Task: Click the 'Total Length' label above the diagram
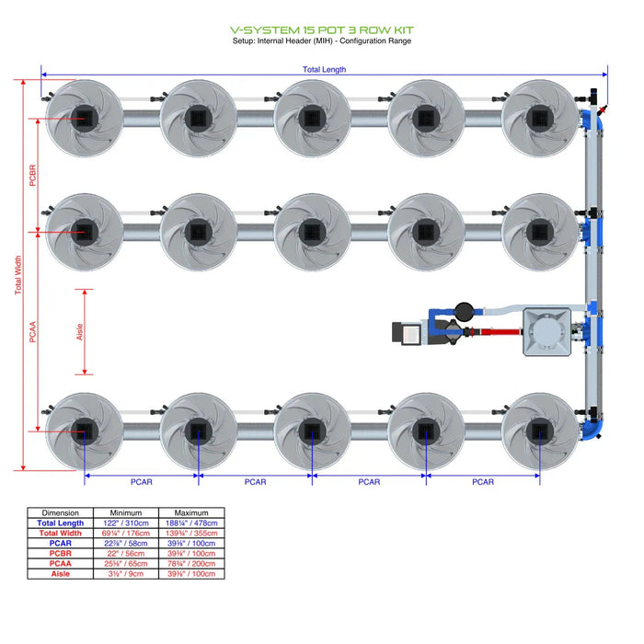[324, 69]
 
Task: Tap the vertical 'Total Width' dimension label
[18, 274]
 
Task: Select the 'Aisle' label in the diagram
[79, 332]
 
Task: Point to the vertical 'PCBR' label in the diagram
[33, 175]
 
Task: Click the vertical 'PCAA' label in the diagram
[33, 331]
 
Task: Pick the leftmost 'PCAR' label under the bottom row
[142, 481]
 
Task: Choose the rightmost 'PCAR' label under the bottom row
[482, 481]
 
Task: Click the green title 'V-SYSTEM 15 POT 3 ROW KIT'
[321, 29]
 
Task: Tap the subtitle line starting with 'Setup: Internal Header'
[321, 40]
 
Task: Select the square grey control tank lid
[548, 331]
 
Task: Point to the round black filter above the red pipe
[462, 310]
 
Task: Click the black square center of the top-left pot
[85, 117]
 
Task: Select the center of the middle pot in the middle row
[312, 230]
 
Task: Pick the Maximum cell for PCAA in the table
[191, 563]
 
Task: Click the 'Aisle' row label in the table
[61, 573]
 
